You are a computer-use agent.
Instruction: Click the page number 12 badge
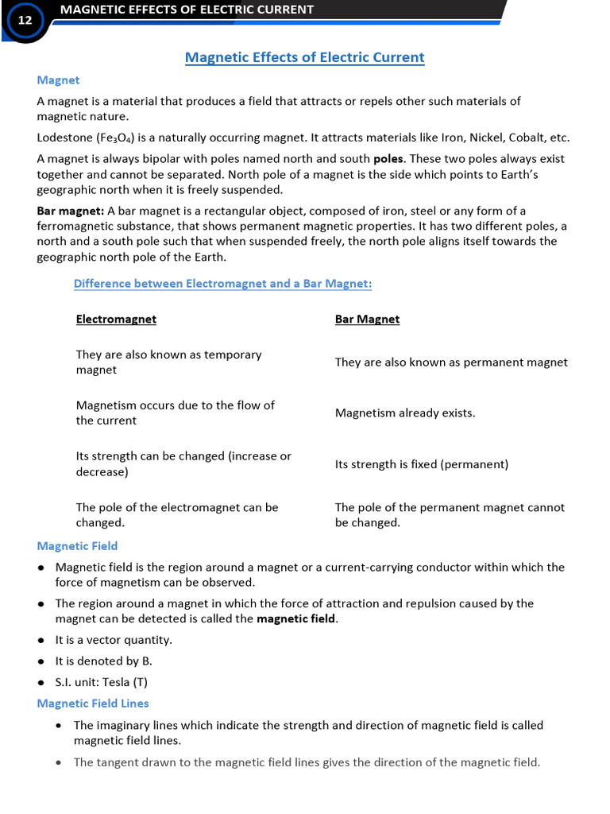coord(25,21)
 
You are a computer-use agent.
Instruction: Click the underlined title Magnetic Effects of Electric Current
coord(304,57)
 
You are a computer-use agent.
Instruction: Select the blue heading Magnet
coord(58,80)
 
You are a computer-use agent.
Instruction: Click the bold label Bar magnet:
coord(70,211)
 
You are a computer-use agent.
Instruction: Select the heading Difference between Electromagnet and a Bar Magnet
coord(222,284)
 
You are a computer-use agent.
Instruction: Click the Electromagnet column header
coord(116,320)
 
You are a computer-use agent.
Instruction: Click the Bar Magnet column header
coord(367,320)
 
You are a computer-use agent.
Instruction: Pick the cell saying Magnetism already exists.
coord(405,413)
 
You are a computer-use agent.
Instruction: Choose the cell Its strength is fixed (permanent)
coord(421,464)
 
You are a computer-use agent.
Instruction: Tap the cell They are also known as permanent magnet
coord(451,362)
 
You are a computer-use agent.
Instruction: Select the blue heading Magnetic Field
coord(77,546)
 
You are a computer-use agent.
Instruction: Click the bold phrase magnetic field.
coord(296,619)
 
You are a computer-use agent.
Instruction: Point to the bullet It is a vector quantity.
coord(113,640)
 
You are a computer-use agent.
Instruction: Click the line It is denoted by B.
coord(103,661)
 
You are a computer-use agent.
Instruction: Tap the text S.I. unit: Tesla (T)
coord(101,683)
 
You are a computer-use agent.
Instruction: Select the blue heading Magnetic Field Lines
coord(93,704)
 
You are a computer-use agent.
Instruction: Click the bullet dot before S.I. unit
coord(41,683)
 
